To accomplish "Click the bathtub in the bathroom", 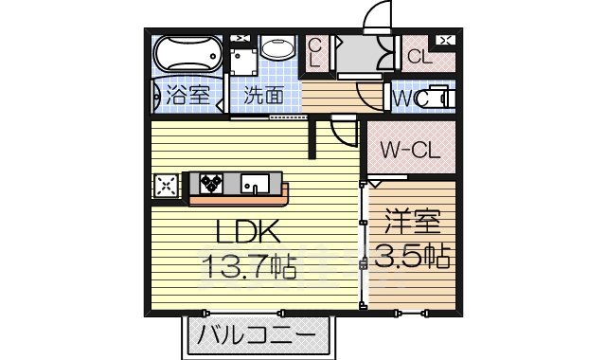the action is [x=187, y=53].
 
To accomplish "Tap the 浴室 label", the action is [x=187, y=95].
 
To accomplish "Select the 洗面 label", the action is [x=262, y=95].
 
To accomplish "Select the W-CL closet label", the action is [x=409, y=149].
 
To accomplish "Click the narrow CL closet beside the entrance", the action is [x=315, y=52].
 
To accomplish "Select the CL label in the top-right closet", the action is [x=419, y=56].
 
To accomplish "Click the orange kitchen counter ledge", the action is [x=239, y=199].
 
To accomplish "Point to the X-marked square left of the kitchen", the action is [x=166, y=185].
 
